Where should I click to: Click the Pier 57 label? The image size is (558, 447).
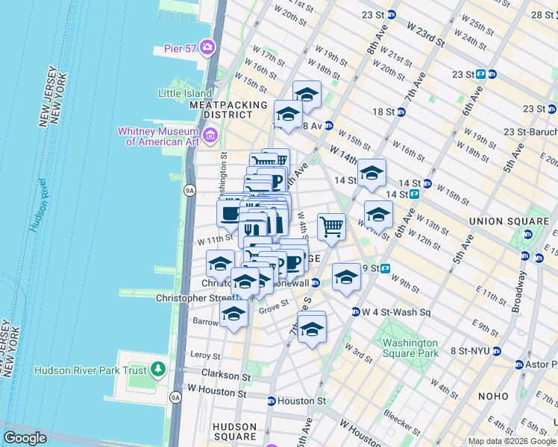[179, 48]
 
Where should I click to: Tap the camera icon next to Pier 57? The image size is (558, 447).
[206, 48]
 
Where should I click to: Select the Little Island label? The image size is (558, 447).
[185, 93]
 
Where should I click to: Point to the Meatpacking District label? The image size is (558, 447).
[222, 110]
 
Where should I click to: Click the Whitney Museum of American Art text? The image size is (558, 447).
[160, 136]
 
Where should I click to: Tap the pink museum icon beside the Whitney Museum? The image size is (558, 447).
[211, 135]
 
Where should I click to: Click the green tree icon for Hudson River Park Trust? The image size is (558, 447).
[157, 369]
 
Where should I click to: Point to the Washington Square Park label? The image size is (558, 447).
[410, 349]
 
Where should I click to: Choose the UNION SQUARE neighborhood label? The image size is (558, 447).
[508, 221]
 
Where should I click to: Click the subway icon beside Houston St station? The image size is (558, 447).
[272, 401]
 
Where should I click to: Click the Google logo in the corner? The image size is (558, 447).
[25, 438]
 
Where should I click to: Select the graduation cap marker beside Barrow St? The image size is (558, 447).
[233, 314]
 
